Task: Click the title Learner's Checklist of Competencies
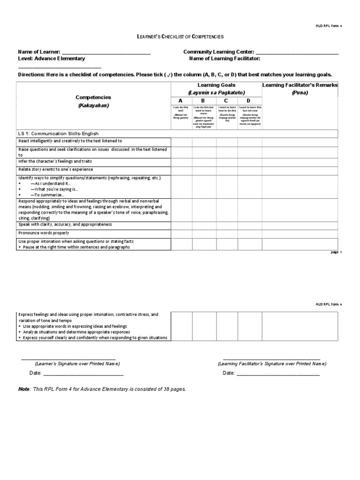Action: pyautogui.click(x=180, y=36)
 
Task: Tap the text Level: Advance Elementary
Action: pyautogui.click(x=52, y=59)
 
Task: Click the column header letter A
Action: pyautogui.click(x=181, y=101)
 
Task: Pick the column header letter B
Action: pyautogui.click(x=203, y=101)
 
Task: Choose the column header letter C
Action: pyautogui.click(x=226, y=101)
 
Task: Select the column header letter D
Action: pyautogui.click(x=249, y=101)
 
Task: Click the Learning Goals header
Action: pyautogui.click(x=215, y=85)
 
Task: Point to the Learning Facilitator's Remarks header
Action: pyautogui.click(x=300, y=85)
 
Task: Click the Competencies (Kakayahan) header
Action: pyautogui.click(x=93, y=101)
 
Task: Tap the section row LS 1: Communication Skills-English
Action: pyautogui.click(x=59, y=134)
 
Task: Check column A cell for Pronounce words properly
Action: pyautogui.click(x=181, y=233)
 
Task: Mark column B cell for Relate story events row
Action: pyautogui.click(x=203, y=170)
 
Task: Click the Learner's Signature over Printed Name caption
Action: pyautogui.click(x=77, y=364)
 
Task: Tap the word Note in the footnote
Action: pyautogui.click(x=23, y=389)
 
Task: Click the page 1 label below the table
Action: pyautogui.click(x=337, y=252)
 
